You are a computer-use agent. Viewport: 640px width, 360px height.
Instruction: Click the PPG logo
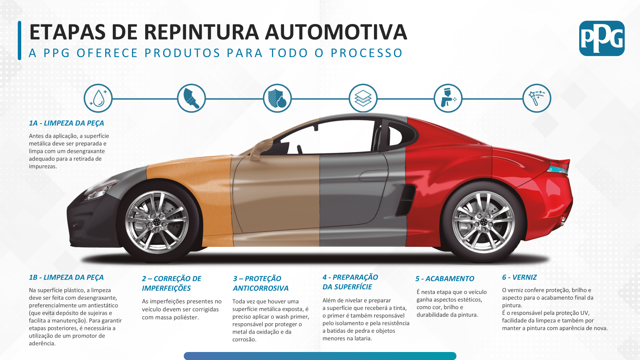pos(602,38)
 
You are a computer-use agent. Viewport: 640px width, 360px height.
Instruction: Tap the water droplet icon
pos(98,98)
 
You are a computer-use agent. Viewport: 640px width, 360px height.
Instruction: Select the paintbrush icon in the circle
pos(192,98)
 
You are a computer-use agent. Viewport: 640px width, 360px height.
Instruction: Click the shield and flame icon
pos(277,98)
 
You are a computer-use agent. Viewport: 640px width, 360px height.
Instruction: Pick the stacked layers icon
pos(363,98)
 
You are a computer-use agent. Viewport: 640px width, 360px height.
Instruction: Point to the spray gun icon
pos(448,98)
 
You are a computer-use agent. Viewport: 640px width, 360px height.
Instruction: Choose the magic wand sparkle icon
pos(536,98)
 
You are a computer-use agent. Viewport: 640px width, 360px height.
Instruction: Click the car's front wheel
pos(157,222)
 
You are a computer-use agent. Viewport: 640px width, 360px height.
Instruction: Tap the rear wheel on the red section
pos(483,222)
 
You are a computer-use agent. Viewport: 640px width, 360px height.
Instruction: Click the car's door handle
pos(373,176)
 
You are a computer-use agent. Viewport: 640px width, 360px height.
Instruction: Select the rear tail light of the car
pos(558,168)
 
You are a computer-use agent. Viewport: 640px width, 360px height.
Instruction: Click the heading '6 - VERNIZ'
pos(519,277)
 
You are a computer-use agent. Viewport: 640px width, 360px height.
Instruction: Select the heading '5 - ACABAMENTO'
pos(444,278)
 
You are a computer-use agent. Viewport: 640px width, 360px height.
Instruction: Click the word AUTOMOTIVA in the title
pos(336,32)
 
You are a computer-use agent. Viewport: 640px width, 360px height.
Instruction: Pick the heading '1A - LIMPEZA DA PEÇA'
pos(66,123)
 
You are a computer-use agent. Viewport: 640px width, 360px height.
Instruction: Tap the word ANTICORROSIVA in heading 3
pos(260,288)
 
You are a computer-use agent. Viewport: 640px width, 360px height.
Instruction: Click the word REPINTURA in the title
pos(201,32)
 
